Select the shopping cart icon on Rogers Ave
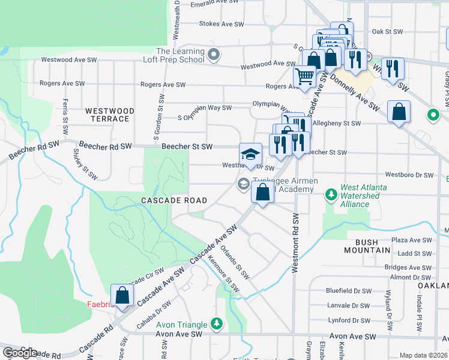pyautogui.click(x=305, y=76)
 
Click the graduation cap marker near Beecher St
pyautogui.click(x=250, y=154)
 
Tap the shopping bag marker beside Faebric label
pyautogui.click(x=122, y=296)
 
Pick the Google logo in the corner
pyautogui.click(x=20, y=352)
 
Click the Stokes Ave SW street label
pyautogui.click(x=221, y=25)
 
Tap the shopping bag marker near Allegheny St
pyautogui.click(x=399, y=112)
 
